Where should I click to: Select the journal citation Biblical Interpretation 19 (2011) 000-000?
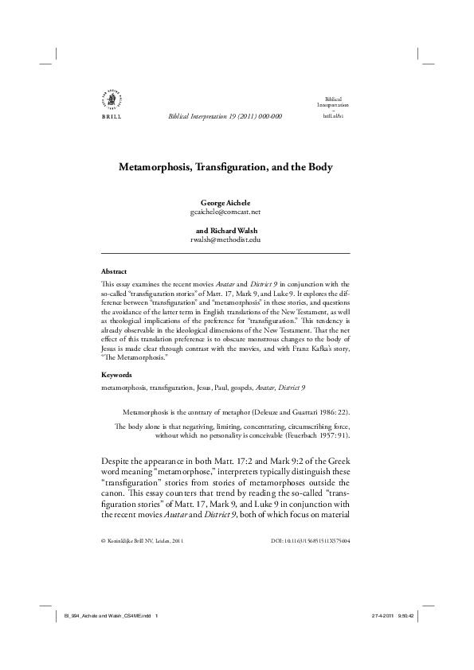(225, 116)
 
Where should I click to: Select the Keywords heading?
(118, 374)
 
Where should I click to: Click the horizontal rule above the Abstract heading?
(225, 254)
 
